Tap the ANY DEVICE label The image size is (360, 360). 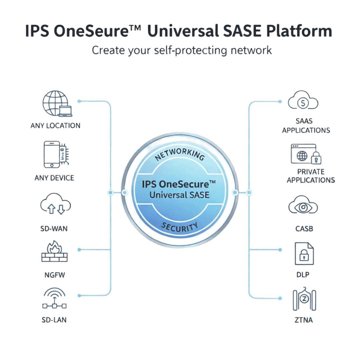(54, 178)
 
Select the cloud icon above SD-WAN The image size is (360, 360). (55, 205)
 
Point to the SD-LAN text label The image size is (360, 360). (54, 320)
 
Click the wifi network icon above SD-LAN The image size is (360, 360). (55, 299)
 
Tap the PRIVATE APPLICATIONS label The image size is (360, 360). (311, 176)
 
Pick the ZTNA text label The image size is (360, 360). (304, 320)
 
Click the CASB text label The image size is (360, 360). (304, 229)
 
